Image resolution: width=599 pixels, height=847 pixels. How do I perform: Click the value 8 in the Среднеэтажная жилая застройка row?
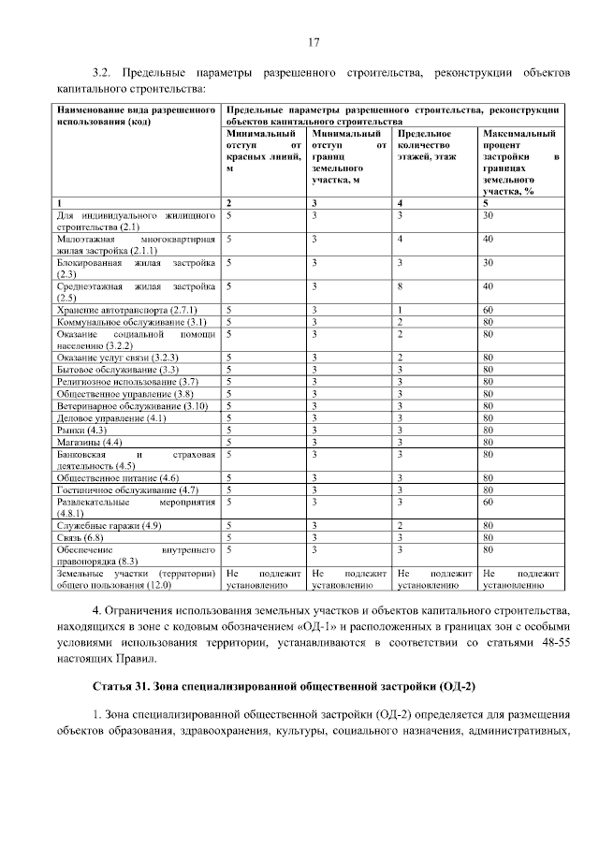click(401, 285)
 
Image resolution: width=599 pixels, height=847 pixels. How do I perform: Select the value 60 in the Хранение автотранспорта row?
click(488, 309)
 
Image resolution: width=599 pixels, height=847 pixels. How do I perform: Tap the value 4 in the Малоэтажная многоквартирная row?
click(401, 239)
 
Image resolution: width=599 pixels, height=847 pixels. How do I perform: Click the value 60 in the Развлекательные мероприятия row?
click(488, 502)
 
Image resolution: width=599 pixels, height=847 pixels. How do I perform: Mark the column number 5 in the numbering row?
click(486, 203)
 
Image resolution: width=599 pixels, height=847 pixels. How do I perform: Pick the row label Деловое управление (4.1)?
click(97, 417)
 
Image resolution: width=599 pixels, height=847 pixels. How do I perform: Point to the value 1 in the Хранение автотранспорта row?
click(401, 309)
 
